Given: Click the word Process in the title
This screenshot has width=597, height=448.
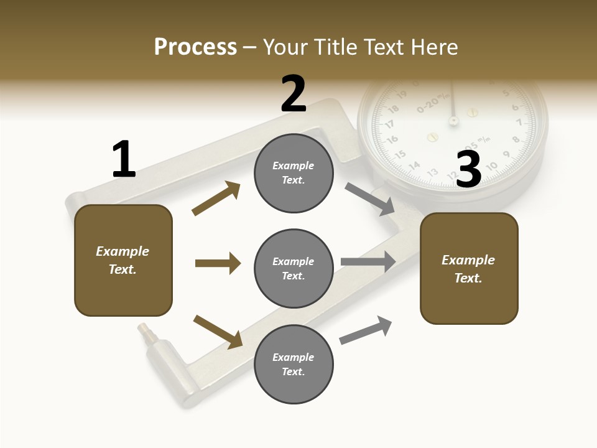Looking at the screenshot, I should (195, 47).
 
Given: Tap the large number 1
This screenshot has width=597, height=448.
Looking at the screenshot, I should (124, 159).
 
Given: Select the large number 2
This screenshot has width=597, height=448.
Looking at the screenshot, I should (294, 93).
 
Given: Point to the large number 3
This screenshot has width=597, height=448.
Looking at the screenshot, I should (469, 169).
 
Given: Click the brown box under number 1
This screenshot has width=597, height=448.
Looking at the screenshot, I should (123, 260).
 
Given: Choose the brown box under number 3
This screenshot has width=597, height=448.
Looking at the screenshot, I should (469, 269).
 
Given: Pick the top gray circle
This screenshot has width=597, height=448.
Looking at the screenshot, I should (294, 173).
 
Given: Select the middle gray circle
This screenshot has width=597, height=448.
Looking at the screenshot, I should (294, 269).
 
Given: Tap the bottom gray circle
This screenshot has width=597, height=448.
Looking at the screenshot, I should (294, 365).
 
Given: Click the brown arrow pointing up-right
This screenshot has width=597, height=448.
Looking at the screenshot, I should (216, 198).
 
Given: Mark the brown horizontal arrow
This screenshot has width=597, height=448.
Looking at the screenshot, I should (218, 263).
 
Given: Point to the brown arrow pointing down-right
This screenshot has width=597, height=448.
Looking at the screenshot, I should (218, 332).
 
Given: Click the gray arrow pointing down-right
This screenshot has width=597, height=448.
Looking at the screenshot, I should (370, 199).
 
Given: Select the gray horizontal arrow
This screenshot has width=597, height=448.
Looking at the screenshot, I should (368, 262).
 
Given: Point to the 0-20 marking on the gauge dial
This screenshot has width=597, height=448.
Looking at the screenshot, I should (433, 102).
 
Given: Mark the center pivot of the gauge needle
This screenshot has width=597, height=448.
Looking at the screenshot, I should (453, 119).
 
